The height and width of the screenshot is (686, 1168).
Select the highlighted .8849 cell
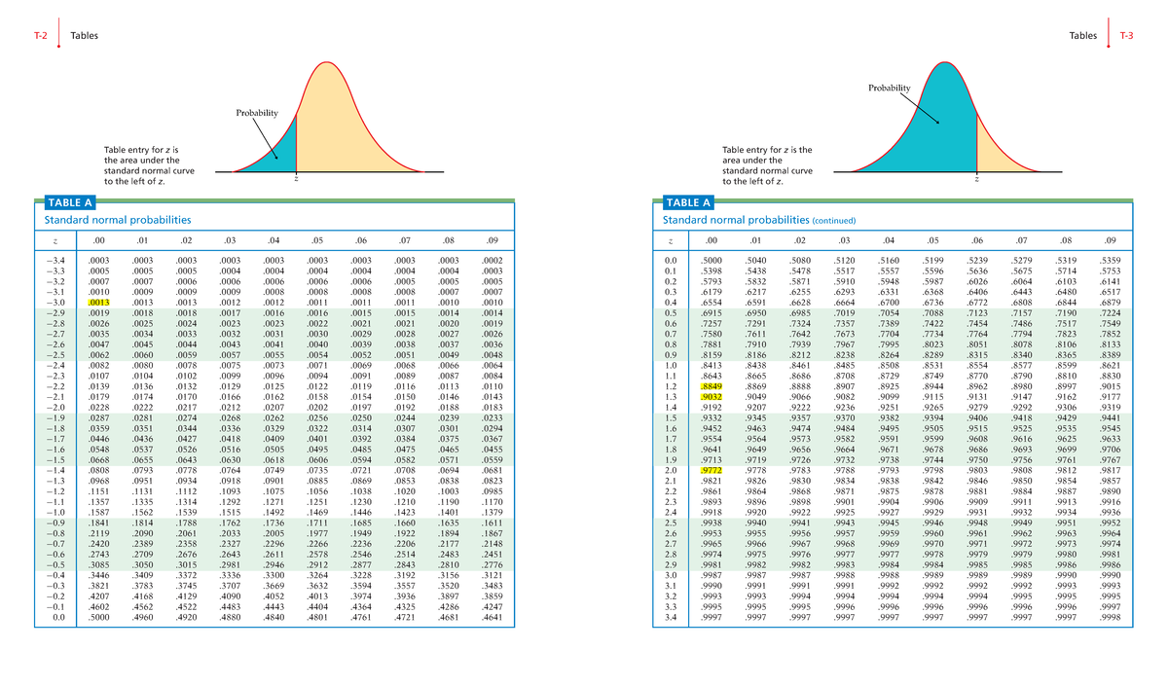coord(712,386)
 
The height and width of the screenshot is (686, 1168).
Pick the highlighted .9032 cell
coord(712,397)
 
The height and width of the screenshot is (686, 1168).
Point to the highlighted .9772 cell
coord(712,471)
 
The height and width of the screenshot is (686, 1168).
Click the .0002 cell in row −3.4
coord(493,262)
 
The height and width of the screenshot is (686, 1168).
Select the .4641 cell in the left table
coord(493,617)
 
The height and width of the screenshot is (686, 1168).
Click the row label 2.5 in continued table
coord(670,523)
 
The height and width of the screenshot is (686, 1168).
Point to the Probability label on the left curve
coord(257,113)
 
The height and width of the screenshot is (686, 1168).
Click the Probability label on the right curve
coord(889,89)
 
